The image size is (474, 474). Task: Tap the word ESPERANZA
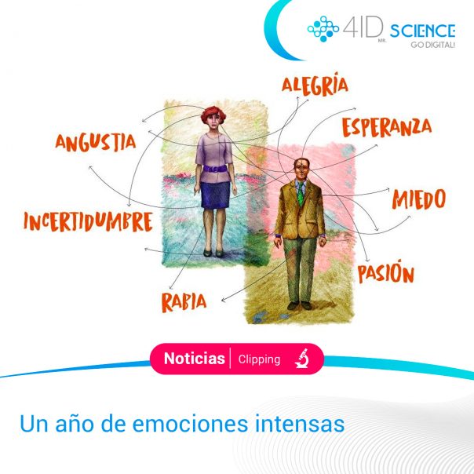pyautogui.click(x=387, y=127)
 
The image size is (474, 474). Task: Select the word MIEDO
pyautogui.click(x=419, y=199)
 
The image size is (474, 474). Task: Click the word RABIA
pyautogui.click(x=184, y=302)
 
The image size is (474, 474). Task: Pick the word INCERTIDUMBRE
pyautogui.click(x=88, y=221)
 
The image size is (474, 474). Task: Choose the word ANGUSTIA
pyautogui.click(x=96, y=142)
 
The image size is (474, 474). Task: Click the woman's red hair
pyautogui.click(x=213, y=115)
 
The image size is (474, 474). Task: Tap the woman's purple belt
pyautogui.click(x=215, y=169)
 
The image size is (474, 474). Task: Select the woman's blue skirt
pyautogui.click(x=215, y=195)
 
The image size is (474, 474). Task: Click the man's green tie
pyautogui.click(x=301, y=194)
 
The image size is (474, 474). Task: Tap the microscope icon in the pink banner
pyautogui.click(x=301, y=358)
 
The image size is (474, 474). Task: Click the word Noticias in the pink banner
pyautogui.click(x=195, y=359)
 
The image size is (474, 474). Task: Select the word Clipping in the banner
pyautogui.click(x=259, y=359)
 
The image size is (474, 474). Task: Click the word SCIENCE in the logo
pyautogui.click(x=422, y=31)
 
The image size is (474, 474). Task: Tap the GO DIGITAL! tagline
pyautogui.click(x=432, y=45)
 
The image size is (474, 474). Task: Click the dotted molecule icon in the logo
pyautogui.click(x=323, y=29)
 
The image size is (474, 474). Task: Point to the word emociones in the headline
pyautogui.click(x=190, y=424)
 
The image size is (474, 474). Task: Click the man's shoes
pyautogui.click(x=299, y=305)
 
